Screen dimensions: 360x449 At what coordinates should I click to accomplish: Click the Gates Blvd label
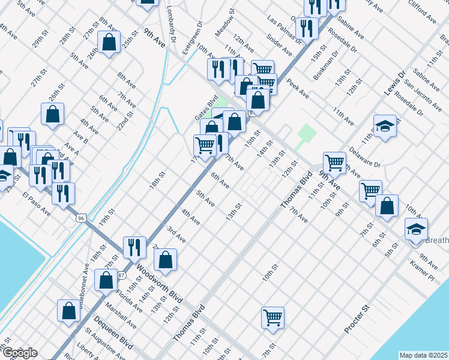205,108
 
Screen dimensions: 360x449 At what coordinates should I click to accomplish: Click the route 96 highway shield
80,218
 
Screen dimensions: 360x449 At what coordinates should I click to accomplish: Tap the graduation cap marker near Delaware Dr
385,127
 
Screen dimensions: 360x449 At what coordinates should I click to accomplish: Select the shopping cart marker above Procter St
273,316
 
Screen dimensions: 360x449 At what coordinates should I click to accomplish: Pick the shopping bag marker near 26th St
53,114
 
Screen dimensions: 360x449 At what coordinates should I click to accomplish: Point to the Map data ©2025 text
424,355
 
